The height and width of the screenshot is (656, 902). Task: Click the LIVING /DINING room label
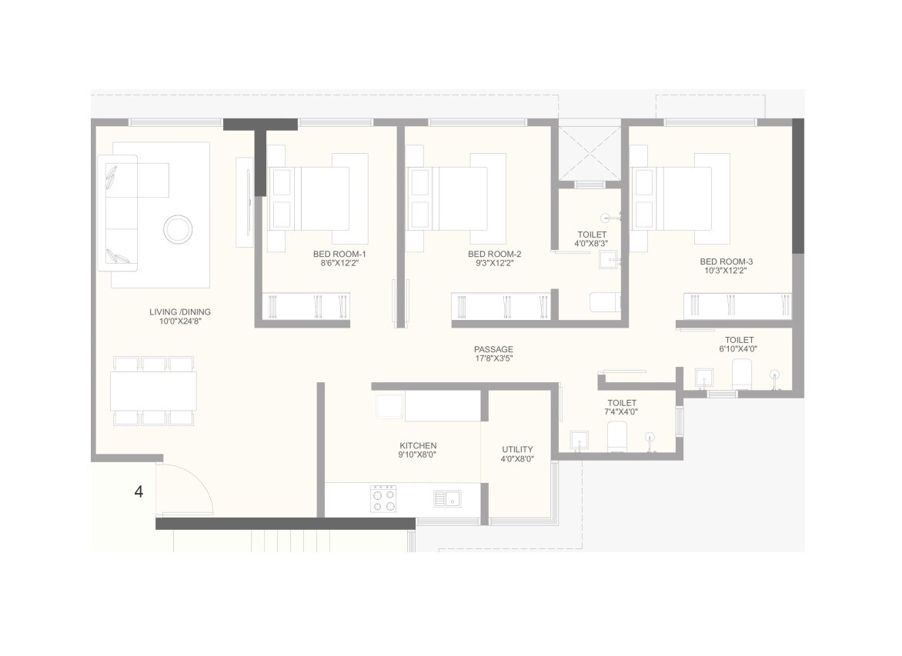(179, 312)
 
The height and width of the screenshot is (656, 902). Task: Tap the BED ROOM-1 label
(339, 254)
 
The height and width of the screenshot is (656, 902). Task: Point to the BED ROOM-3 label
(726, 261)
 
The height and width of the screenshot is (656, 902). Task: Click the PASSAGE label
(493, 349)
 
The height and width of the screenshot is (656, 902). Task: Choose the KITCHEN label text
(418, 446)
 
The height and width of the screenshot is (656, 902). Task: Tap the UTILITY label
(517, 450)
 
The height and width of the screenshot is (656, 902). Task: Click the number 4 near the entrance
(139, 492)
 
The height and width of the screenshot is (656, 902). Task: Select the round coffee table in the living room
(178, 229)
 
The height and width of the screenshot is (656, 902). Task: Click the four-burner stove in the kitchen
(383, 498)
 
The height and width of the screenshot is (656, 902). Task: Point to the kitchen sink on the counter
(446, 498)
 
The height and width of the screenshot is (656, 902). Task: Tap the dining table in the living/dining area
(152, 391)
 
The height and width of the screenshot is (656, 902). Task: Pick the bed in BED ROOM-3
(680, 198)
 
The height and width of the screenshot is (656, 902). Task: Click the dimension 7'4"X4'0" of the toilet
(622, 412)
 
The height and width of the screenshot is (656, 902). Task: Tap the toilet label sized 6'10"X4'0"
(739, 340)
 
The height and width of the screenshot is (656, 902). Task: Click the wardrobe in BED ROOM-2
(500, 306)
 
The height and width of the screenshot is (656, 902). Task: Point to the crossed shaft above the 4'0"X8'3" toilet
(589, 153)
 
